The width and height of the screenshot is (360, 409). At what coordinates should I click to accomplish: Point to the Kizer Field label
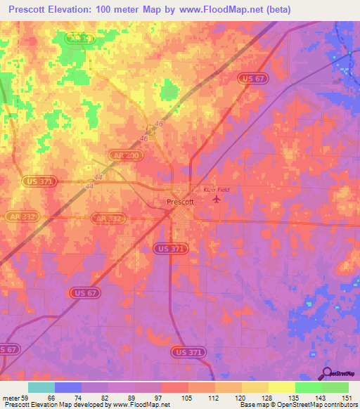[217, 190]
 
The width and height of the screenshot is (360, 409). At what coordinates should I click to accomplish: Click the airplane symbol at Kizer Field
[216, 200]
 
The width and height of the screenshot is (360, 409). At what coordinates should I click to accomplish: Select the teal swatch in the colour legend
[41, 387]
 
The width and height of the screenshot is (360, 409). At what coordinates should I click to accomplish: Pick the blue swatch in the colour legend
[68, 387]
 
